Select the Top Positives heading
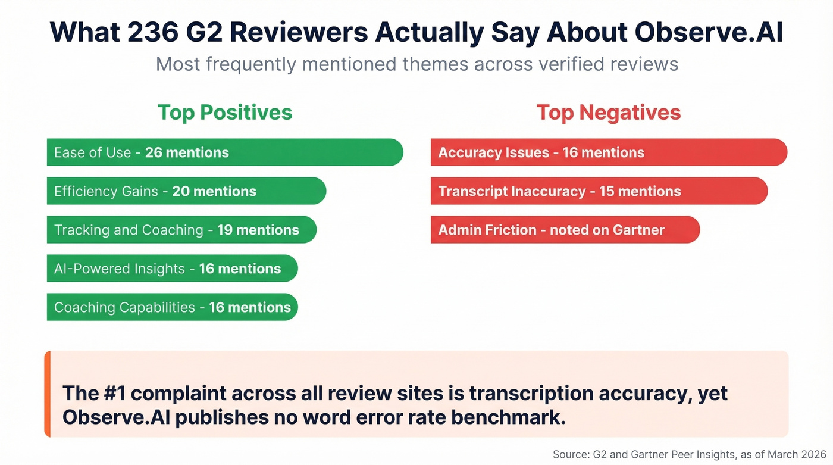point(225,112)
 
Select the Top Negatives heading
point(609,112)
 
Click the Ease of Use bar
point(225,152)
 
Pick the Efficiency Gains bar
point(186,191)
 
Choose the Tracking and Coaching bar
point(181,230)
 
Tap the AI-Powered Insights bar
point(172,269)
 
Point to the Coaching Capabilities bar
point(172,307)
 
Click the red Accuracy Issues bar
point(609,152)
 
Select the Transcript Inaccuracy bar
point(599,191)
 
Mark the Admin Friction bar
point(565,230)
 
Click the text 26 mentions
point(187,152)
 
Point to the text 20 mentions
point(214,191)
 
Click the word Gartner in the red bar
point(637,230)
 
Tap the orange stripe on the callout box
point(48,394)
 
